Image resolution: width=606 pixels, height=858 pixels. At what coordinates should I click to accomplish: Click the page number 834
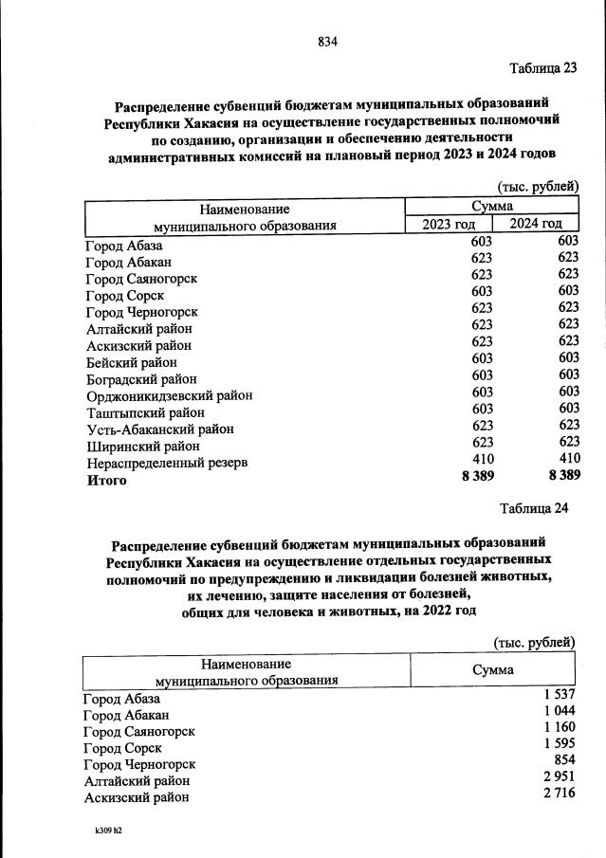point(328,41)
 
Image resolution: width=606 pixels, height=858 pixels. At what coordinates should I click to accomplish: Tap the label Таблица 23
point(542,67)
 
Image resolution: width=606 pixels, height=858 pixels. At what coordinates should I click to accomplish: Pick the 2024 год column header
point(536,224)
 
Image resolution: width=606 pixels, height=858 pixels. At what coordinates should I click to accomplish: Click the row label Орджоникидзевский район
point(169,395)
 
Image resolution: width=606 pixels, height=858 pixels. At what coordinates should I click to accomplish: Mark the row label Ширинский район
point(142,446)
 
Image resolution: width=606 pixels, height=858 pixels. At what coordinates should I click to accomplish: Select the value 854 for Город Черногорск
point(563,761)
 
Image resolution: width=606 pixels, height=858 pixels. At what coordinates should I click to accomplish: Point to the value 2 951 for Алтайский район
point(558,777)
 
